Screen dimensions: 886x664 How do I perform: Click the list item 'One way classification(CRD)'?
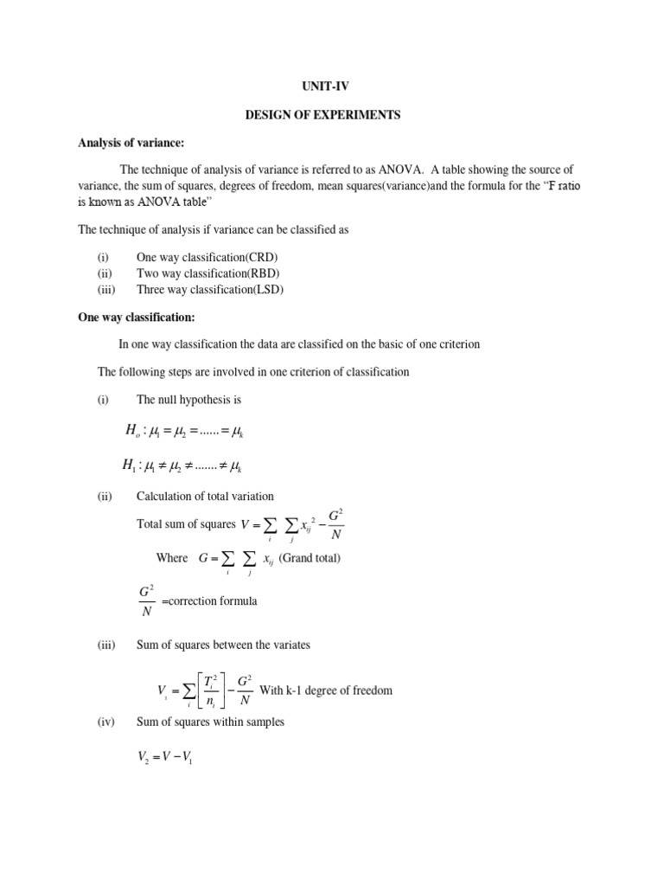pyautogui.click(x=207, y=257)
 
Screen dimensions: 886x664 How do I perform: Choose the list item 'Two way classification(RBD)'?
pyautogui.click(x=207, y=273)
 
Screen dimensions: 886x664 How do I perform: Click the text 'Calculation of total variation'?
pyautogui.click(x=205, y=496)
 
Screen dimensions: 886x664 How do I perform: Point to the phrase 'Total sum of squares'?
pyautogui.click(x=186, y=524)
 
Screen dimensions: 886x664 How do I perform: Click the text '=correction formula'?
pyautogui.click(x=208, y=600)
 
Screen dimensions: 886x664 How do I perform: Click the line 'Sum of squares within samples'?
pyautogui.click(x=210, y=722)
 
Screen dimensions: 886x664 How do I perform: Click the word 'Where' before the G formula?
pyautogui.click(x=172, y=558)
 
